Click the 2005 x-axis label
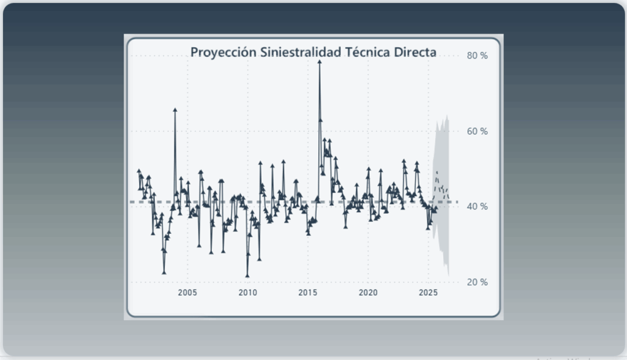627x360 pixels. (187, 293)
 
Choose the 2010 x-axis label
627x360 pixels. (247, 293)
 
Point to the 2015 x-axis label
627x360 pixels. (308, 293)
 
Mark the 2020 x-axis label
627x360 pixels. (368, 293)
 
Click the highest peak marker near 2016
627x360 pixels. (320, 61)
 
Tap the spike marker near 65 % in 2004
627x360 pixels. (175, 110)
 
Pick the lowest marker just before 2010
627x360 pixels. (247, 276)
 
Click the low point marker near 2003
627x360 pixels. (164, 272)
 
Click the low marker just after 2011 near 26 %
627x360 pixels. (259, 259)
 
